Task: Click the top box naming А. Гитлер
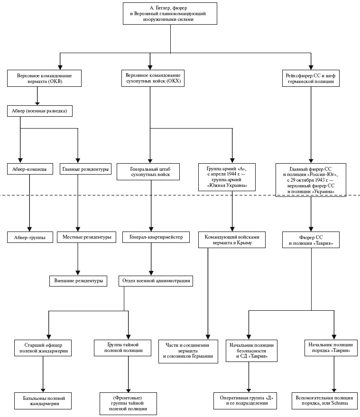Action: (x=169, y=13)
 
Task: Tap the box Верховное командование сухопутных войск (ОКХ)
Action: (x=153, y=78)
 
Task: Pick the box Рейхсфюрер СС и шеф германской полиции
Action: (x=311, y=78)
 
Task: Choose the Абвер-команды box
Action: (x=30, y=169)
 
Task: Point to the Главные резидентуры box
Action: (x=85, y=169)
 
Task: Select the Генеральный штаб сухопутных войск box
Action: (x=150, y=172)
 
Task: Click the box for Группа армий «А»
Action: (x=226, y=177)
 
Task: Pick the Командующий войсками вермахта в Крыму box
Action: (x=231, y=240)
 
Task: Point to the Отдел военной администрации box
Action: (x=156, y=281)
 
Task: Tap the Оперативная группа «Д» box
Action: (x=245, y=400)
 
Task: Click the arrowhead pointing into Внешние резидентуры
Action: (x=77, y=272)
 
